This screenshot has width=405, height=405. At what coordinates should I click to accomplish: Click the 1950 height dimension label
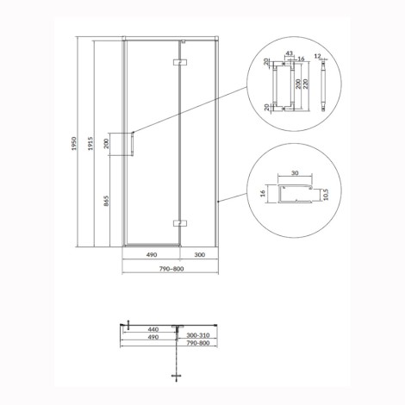click(x=74, y=144)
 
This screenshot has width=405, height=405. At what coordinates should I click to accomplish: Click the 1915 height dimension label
click(x=91, y=144)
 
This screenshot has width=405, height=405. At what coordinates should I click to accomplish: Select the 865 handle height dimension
click(x=107, y=202)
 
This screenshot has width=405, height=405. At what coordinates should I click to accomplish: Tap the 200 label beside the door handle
click(x=107, y=143)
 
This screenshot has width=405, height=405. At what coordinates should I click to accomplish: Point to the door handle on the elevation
click(x=133, y=144)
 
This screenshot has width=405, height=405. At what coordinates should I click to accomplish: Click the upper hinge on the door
click(x=180, y=62)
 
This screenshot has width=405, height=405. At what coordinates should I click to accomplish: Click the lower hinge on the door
click(x=180, y=223)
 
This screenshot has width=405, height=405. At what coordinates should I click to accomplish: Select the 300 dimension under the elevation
click(x=199, y=254)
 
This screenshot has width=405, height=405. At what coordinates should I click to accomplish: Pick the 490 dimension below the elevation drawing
click(x=152, y=254)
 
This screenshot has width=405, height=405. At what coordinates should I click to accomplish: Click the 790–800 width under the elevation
click(x=171, y=269)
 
